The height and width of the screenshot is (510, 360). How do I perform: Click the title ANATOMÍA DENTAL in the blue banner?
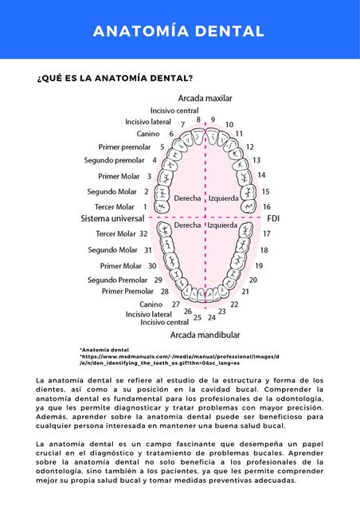pos(178,31)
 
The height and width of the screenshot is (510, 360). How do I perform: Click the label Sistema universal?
pos(112,218)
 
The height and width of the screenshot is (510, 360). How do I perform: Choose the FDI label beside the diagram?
pos(273,218)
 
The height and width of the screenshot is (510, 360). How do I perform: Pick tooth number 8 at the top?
pos(198,120)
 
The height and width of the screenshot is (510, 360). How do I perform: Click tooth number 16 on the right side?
pos(266,206)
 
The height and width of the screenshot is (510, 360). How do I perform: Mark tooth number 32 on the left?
pos(143,233)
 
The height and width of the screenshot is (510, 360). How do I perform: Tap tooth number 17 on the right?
pos(266,233)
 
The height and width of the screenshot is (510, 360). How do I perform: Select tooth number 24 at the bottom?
pos(211,317)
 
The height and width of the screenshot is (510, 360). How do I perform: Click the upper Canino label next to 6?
pos(149,134)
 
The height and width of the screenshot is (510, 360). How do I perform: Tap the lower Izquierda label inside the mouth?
pos(222,226)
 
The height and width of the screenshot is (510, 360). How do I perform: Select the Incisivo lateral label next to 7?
pos(148,122)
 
